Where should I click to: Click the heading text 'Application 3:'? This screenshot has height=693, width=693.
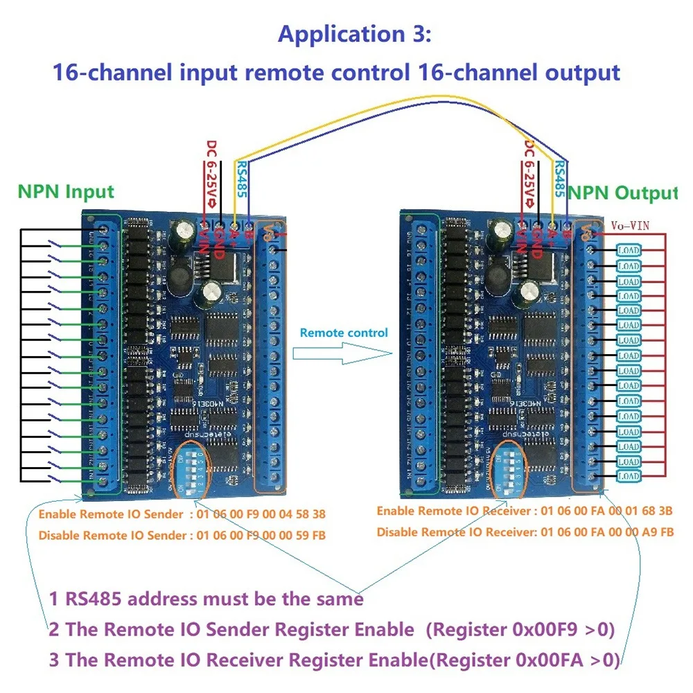click(354, 35)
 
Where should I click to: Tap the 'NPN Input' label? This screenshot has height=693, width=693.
click(66, 192)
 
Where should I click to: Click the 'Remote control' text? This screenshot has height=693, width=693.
click(344, 333)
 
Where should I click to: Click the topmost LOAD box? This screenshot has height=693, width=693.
click(628, 250)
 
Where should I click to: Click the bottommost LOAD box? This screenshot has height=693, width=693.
click(628, 476)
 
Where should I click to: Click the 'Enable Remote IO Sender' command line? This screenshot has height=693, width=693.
click(182, 514)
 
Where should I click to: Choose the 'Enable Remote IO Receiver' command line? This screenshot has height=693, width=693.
click(525, 511)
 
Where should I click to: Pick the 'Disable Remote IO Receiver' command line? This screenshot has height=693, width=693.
click(525, 532)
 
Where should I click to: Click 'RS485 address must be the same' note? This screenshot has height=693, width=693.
click(207, 598)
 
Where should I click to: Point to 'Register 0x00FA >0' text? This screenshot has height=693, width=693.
click(526, 659)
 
